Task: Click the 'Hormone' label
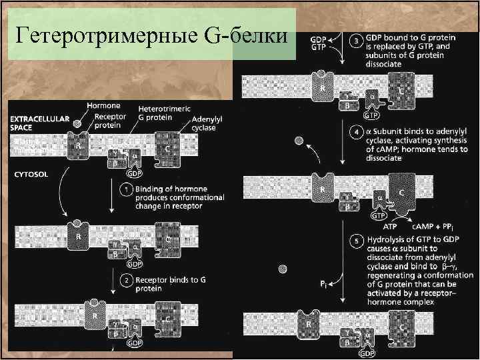103,105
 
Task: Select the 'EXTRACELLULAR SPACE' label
39,123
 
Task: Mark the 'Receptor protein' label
107,119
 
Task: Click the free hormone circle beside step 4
299,141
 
